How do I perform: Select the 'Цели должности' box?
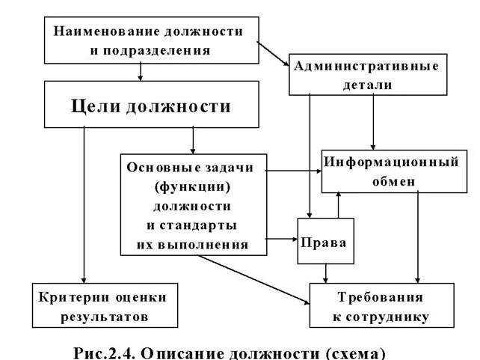[x=150, y=105]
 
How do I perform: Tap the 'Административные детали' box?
[x=367, y=74]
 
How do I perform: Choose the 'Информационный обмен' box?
[x=390, y=171]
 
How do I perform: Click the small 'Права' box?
[x=325, y=241]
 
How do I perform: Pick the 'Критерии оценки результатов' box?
[x=105, y=305]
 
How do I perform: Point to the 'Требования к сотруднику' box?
[x=381, y=305]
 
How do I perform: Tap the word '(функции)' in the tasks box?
[x=192, y=186]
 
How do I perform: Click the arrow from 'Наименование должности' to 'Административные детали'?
[x=273, y=53]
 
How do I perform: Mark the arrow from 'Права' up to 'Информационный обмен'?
[x=338, y=204]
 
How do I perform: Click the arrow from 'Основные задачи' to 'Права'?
[x=283, y=240]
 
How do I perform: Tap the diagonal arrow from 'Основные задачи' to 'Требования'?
[x=254, y=278]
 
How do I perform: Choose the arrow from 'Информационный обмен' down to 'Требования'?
[x=418, y=236]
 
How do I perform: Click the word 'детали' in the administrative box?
[x=369, y=85]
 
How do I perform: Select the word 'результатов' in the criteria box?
[x=105, y=317]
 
